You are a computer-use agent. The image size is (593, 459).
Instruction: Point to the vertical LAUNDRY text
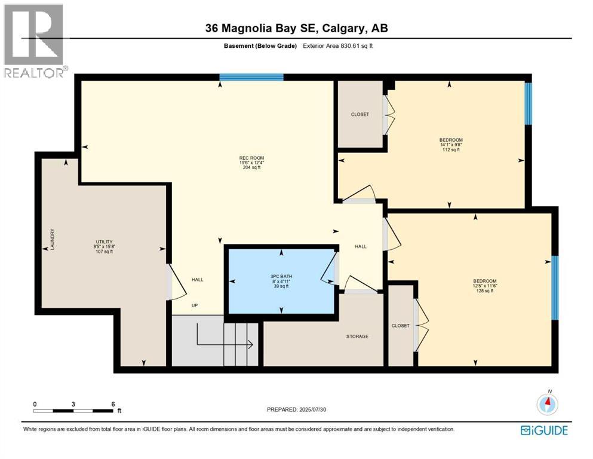point(53,238)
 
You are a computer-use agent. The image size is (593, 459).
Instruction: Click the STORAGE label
point(357,336)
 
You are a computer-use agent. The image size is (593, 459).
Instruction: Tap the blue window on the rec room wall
point(251,76)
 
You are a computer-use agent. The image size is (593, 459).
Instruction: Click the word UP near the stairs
point(195,305)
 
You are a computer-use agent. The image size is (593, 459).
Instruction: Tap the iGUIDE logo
point(543,430)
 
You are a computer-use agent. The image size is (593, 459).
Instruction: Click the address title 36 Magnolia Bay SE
point(296,28)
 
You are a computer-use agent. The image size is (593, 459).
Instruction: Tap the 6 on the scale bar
point(113,404)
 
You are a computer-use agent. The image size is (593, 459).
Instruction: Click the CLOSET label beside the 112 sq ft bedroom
point(360,114)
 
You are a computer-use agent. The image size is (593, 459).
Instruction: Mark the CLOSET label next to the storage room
point(401,326)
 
